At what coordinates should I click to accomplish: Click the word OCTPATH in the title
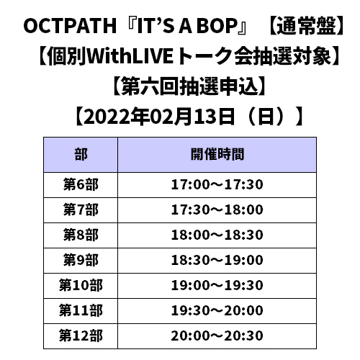point(70,26)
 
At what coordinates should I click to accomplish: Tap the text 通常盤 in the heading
point(306,26)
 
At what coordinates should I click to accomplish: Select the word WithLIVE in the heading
point(130,56)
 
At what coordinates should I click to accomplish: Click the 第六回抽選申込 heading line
point(189,86)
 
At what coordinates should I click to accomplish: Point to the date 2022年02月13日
point(159,117)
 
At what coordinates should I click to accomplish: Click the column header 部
point(81,154)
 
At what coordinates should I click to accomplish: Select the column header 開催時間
point(217,154)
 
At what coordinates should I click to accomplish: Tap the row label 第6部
point(81,185)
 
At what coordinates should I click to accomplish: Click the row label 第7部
point(81,210)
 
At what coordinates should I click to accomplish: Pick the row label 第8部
point(81,235)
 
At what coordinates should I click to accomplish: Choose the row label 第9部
point(81,261)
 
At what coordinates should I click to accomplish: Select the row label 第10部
point(81,286)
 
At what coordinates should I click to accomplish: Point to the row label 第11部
point(81,311)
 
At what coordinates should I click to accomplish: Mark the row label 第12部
point(81,336)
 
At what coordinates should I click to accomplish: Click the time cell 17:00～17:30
point(217,185)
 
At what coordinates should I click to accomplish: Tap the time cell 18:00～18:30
point(217,235)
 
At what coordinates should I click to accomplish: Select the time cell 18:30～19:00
point(217,261)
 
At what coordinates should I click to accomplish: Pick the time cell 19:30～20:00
point(217,311)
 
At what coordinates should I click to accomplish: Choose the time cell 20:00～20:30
point(217,336)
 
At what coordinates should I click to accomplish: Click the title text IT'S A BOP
point(187,26)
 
